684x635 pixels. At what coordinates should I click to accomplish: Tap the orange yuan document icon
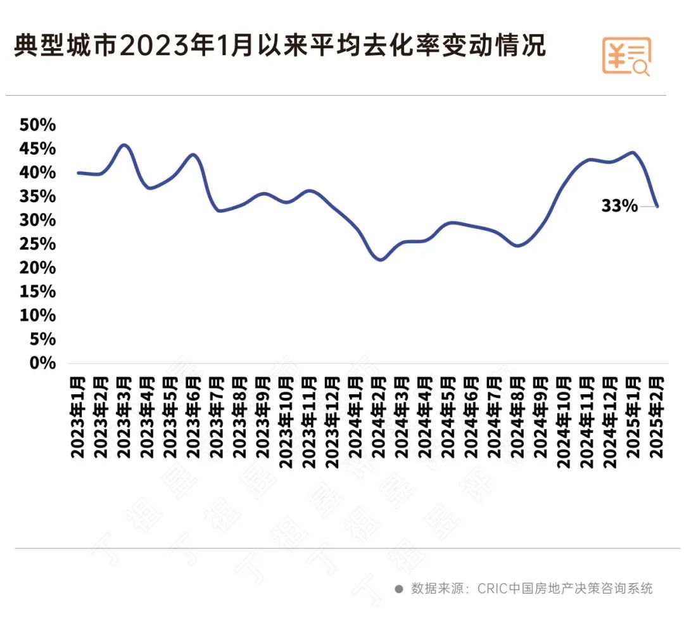point(626,56)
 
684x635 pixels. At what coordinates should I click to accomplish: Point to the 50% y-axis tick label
point(38,125)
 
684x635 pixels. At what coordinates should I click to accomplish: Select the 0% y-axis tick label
point(42,363)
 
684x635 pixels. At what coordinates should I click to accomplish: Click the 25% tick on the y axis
point(38,245)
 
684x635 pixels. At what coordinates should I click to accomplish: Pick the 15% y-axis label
point(38,292)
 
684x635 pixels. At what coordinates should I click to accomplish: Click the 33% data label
point(619,205)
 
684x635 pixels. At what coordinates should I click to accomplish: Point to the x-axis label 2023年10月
point(286,421)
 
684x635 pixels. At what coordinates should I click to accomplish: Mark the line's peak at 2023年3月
point(124,145)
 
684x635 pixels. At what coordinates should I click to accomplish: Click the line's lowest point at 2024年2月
point(380,260)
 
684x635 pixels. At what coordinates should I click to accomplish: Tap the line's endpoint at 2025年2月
point(657,207)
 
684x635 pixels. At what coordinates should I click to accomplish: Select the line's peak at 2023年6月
point(194,155)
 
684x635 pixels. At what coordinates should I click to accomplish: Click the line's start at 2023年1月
point(78,172)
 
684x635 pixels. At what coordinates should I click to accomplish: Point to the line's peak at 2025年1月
point(633,152)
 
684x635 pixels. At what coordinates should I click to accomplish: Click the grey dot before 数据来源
point(399,589)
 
